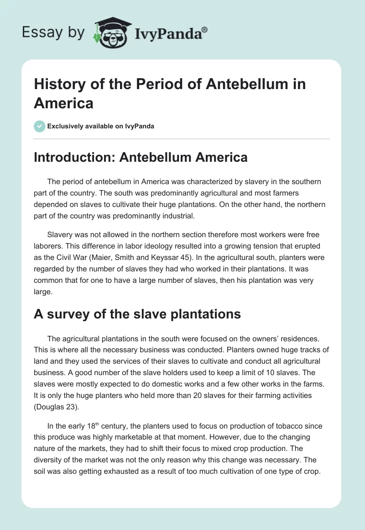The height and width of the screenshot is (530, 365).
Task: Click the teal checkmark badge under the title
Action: (x=39, y=126)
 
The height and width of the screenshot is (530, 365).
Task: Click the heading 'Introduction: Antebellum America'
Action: (x=141, y=157)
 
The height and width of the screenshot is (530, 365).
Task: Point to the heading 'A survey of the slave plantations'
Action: (x=137, y=314)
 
